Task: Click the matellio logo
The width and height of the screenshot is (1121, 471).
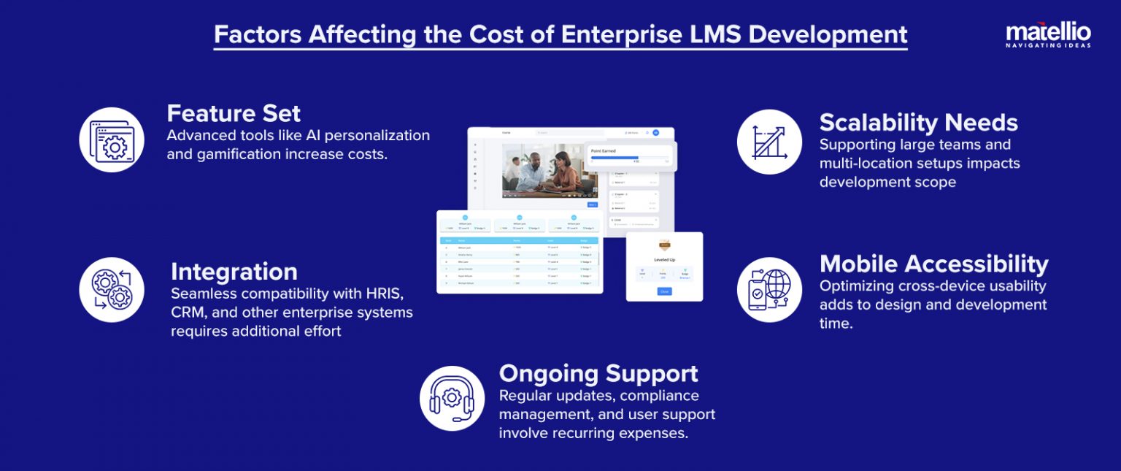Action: [1048, 34]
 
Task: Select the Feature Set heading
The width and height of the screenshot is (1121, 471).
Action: [234, 113]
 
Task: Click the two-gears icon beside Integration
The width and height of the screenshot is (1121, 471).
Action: [112, 290]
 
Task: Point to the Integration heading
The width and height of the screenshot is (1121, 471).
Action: [234, 272]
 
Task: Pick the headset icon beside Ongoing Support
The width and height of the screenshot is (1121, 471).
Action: [452, 398]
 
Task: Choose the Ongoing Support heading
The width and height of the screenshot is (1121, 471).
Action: [598, 374]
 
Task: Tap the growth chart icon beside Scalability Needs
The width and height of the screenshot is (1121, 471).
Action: [769, 142]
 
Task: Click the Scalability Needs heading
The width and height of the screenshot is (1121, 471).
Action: [918, 122]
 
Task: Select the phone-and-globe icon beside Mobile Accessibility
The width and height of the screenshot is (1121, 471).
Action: [769, 290]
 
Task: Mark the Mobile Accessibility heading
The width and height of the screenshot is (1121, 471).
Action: [933, 264]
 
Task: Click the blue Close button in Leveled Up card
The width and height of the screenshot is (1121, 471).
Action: [663, 291]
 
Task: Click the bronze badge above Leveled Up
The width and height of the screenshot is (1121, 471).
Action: [664, 245]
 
